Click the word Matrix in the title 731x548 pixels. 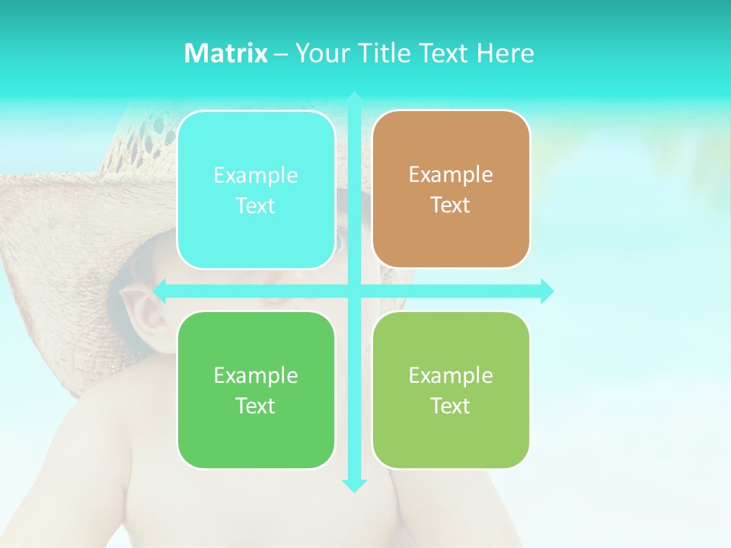point(225,53)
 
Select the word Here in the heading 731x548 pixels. point(505,53)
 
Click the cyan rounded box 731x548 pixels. point(256,190)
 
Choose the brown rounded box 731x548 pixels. point(451,190)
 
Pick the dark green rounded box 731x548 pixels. point(256,390)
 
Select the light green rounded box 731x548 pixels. point(451,390)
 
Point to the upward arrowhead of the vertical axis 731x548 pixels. point(353,98)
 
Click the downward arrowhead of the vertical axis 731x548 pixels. point(353,485)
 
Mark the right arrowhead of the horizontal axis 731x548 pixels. point(547,291)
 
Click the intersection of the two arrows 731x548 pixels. point(353,291)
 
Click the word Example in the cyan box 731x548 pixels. point(256,176)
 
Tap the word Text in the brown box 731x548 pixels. point(451,205)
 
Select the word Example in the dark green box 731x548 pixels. point(256,376)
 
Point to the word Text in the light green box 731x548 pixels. point(451,406)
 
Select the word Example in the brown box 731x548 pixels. point(451,175)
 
